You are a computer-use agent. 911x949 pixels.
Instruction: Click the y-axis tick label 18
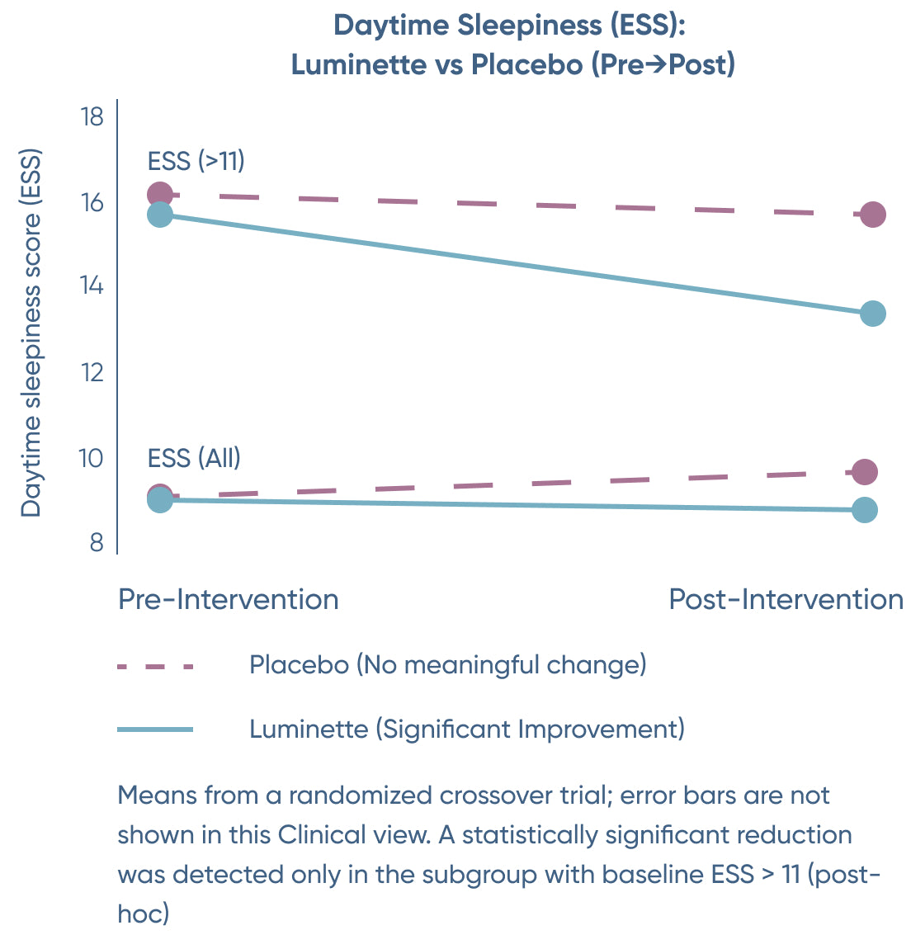click(x=92, y=117)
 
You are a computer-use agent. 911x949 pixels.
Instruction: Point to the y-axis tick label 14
click(x=92, y=286)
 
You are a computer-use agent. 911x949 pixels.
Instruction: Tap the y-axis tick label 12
click(x=92, y=372)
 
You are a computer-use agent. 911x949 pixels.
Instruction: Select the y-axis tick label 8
click(x=97, y=542)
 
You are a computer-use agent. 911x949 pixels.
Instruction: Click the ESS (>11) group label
click(x=196, y=160)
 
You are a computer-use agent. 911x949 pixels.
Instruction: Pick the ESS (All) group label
click(x=194, y=457)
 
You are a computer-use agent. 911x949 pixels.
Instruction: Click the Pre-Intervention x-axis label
click(x=229, y=599)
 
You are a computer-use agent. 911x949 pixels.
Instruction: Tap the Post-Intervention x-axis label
click(x=786, y=599)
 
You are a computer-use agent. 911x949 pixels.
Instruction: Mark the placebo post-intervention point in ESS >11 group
click(x=872, y=215)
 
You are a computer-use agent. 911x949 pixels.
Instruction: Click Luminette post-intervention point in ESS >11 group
click(x=872, y=314)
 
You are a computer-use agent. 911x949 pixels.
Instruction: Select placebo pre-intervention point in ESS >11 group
click(x=159, y=195)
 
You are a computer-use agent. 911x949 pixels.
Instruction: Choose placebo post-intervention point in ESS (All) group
click(x=864, y=472)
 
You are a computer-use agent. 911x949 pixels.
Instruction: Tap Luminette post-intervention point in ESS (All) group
click(x=864, y=510)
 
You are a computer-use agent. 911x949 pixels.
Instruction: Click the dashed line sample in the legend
click(x=155, y=666)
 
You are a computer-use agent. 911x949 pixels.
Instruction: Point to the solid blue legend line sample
click(x=155, y=729)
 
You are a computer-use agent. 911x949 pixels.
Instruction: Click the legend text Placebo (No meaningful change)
click(x=447, y=664)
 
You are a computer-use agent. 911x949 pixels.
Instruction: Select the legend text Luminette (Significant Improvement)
click(x=466, y=729)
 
